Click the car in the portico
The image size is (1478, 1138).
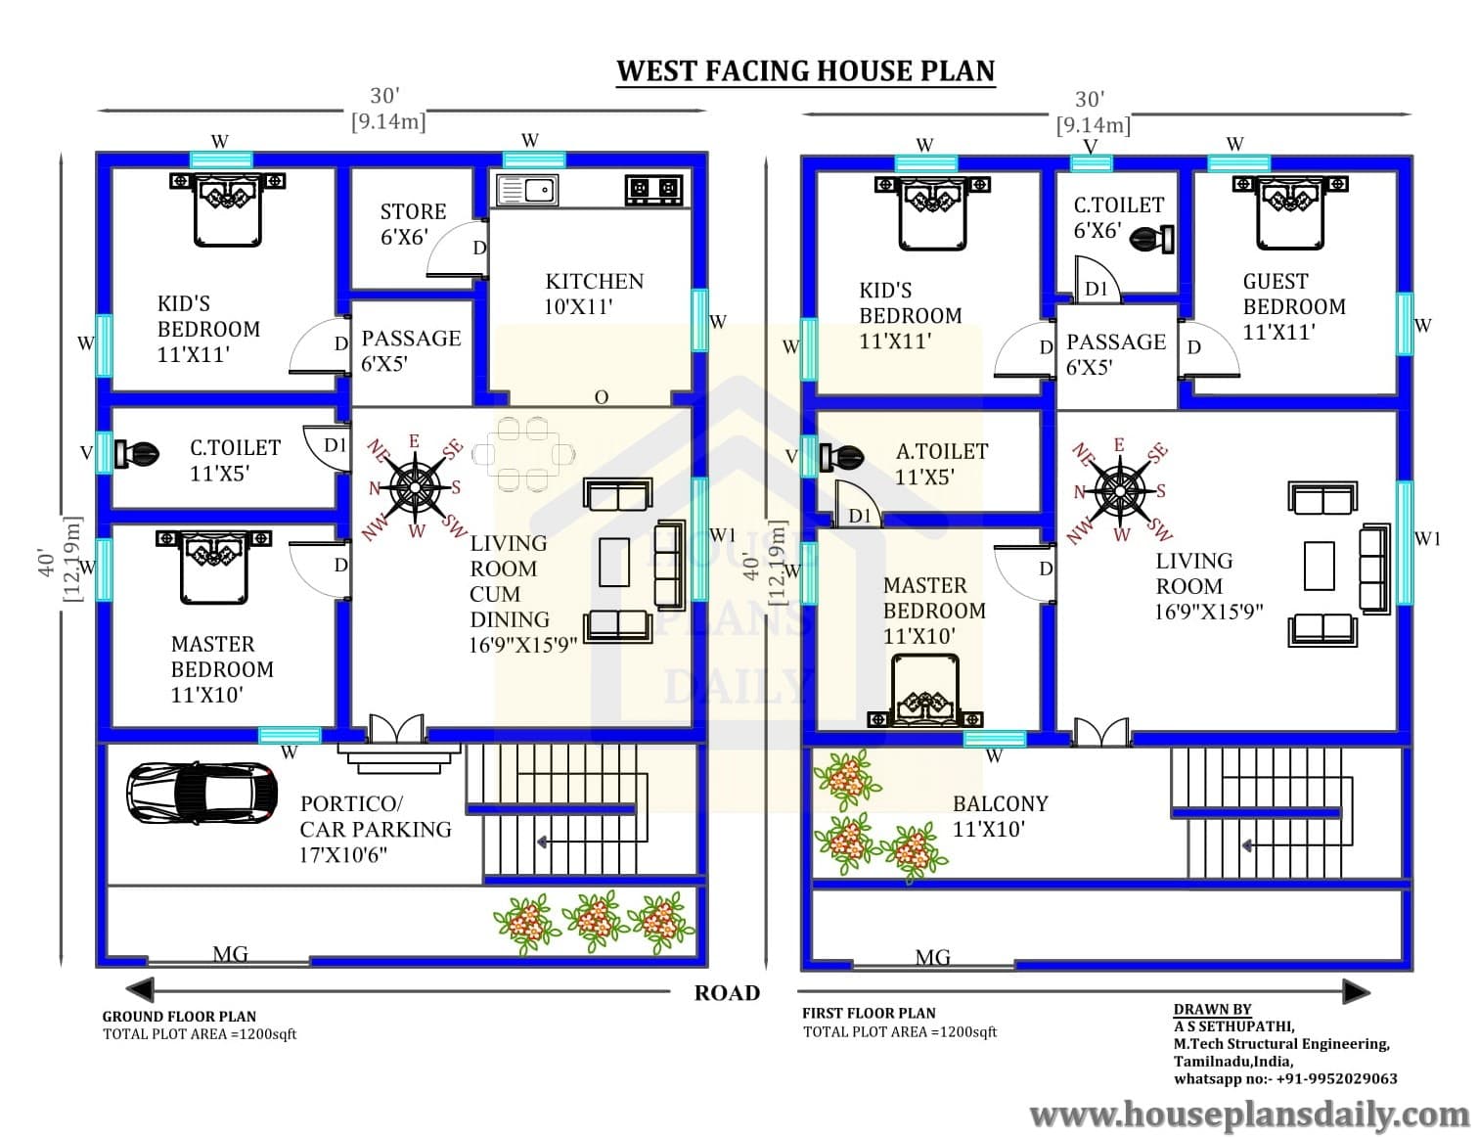click(x=202, y=794)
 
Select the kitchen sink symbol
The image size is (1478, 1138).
click(x=527, y=190)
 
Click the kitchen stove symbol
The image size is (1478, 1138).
click(x=653, y=190)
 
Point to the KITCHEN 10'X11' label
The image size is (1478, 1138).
click(x=594, y=294)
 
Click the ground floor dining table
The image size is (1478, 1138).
click(x=523, y=454)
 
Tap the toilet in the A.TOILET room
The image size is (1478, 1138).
click(x=841, y=457)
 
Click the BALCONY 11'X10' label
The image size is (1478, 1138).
click(x=1000, y=816)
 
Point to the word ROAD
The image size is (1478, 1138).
click(x=727, y=993)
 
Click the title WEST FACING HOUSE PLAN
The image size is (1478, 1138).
click(x=805, y=70)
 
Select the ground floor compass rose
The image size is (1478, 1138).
click(x=416, y=485)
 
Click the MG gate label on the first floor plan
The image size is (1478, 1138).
click(x=932, y=958)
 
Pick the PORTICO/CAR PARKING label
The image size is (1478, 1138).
click(x=376, y=829)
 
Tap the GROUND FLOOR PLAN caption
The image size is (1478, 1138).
click(x=179, y=1017)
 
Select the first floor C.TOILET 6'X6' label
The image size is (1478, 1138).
click(x=1118, y=217)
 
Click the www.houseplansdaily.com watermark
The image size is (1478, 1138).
click(x=1250, y=1115)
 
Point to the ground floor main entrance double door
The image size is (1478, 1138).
click(x=396, y=729)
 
